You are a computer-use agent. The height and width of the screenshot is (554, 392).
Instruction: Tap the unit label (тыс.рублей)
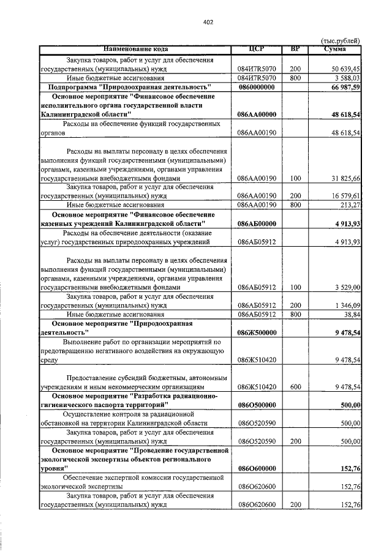coord(341,41)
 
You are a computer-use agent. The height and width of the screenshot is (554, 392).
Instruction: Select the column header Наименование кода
coord(135,49)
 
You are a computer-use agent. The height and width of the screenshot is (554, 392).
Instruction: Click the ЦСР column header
coord(257,49)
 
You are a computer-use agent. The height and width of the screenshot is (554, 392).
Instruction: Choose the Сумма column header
coord(335,49)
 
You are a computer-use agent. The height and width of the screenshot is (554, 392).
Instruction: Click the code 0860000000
coord(257,88)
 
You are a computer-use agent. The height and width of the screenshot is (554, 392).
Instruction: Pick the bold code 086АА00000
coord(257,114)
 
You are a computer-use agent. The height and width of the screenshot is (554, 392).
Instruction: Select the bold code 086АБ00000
coord(257,223)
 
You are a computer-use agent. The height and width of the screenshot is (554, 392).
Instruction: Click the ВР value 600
coord(296,387)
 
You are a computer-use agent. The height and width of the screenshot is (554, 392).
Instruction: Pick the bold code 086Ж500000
coord(257,332)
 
